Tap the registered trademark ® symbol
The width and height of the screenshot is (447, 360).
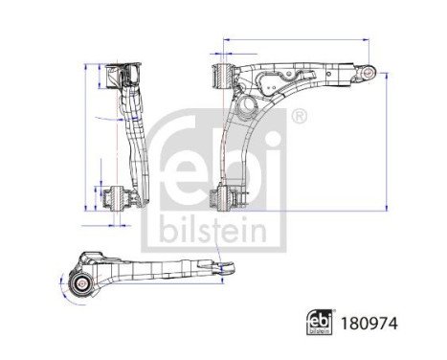(x=298, y=117)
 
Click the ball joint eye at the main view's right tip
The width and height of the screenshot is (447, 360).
(x=368, y=70)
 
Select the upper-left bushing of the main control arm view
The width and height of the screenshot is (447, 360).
(x=221, y=73)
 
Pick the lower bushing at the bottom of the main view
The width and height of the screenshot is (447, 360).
(x=221, y=200)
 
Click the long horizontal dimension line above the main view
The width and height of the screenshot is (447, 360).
(x=297, y=40)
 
